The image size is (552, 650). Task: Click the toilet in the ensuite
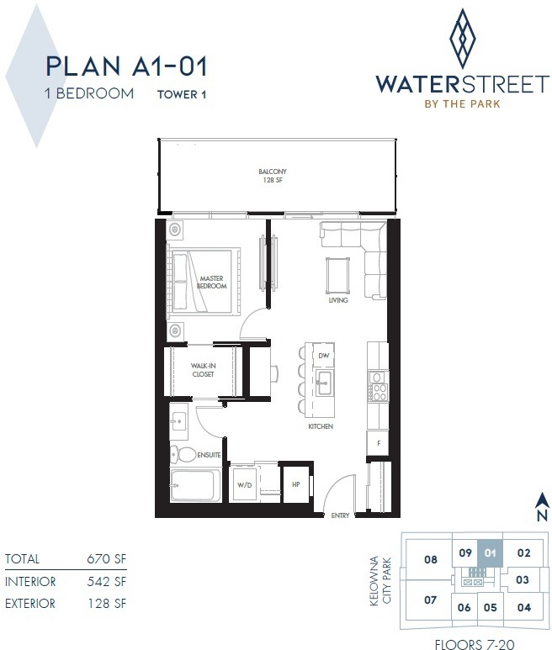[183, 454]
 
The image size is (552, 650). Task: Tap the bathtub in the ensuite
[192, 484]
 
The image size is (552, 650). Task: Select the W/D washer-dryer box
[245, 484]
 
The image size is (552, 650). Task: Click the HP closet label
[295, 484]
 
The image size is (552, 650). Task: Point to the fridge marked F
[378, 443]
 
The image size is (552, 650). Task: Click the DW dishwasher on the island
[323, 355]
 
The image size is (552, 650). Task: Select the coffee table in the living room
[337, 275]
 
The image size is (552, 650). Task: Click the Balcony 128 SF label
[273, 176]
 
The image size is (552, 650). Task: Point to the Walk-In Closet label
[203, 370]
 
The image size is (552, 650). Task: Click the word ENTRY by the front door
[340, 515]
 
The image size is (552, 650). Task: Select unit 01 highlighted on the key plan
[491, 552]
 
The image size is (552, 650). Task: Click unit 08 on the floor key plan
[431, 560]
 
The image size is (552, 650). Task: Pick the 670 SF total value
[107, 559]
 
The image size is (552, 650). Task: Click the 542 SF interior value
[107, 582]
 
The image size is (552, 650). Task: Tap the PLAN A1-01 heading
[126, 66]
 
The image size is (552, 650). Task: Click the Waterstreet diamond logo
[463, 40]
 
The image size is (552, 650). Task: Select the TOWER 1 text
[182, 94]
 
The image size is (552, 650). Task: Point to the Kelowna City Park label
[380, 581]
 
